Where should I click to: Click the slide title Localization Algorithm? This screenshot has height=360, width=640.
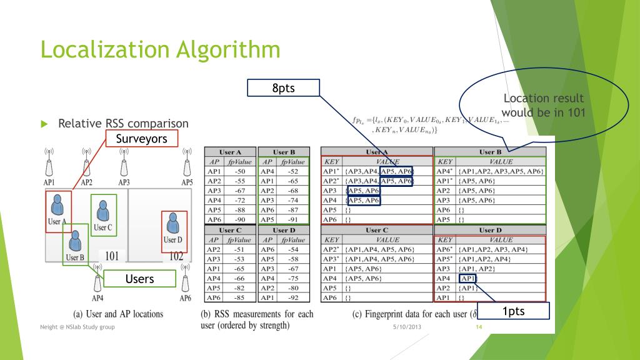pyautogui.click(x=159, y=49)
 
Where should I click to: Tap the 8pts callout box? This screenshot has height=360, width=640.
pyautogui.click(x=283, y=88)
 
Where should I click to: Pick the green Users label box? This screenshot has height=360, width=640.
pyautogui.click(x=139, y=279)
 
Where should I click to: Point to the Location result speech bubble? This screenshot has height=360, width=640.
pyautogui.click(x=544, y=106)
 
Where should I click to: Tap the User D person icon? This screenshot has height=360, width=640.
pyautogui.click(x=172, y=224)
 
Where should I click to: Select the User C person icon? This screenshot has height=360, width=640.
pyautogui.click(x=102, y=210)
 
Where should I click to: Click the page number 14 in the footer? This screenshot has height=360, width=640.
pyautogui.click(x=479, y=327)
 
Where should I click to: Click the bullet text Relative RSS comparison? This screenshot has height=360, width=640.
pyautogui.click(x=123, y=124)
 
